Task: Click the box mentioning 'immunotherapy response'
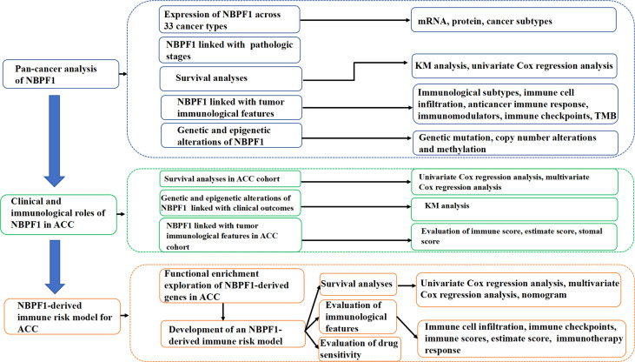point(515,337)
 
